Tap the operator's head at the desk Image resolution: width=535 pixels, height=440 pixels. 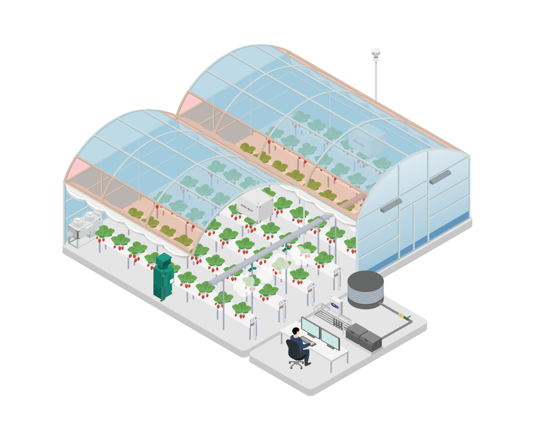coord(296,331)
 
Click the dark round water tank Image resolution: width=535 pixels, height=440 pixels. coord(365,288)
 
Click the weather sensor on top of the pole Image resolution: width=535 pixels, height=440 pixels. coord(375,53)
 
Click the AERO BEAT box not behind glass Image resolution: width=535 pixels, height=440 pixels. coord(255,205)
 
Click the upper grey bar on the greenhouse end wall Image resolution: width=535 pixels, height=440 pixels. coord(440,177)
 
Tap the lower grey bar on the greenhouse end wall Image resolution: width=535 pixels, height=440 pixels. coord(391,205)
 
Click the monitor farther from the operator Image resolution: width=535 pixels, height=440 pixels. coord(330,339)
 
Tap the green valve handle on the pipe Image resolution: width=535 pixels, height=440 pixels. coord(408,317)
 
